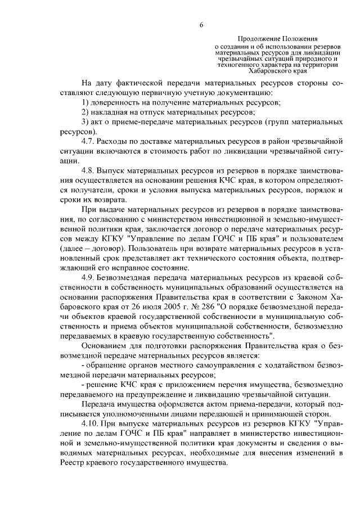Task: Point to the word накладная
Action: point(112,112)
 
